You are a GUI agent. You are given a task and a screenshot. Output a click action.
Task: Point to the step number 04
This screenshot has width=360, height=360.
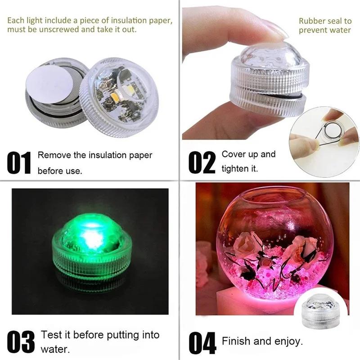[202, 343]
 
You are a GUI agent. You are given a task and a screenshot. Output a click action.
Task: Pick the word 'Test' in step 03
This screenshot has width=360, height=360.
[49, 335]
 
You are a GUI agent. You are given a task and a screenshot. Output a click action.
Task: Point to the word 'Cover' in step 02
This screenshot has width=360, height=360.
[233, 154]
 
